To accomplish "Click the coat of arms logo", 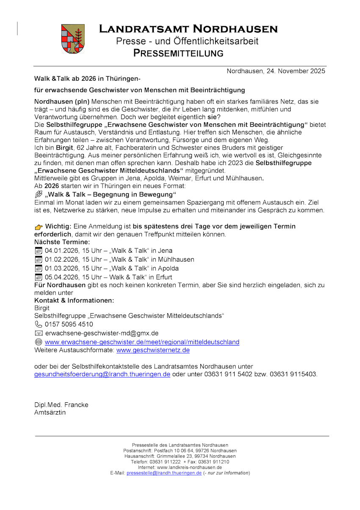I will [x=73, y=39].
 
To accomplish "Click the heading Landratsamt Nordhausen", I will [x=188, y=29].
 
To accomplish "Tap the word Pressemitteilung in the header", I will [x=178, y=53].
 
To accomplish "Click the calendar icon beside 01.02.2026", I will [x=39, y=259].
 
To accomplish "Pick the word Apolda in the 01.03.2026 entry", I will [x=168, y=268].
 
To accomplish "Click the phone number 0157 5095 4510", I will [x=69, y=324].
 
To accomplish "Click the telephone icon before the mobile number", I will [x=39, y=324].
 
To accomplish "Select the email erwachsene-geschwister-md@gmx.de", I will [x=102, y=333].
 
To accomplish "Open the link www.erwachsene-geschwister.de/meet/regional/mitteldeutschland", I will [x=142, y=342].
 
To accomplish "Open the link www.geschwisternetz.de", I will [x=153, y=350].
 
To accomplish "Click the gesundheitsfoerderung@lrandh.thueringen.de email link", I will [x=102, y=374].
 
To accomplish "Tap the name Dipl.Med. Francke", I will [x=61, y=405].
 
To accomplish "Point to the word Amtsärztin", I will [x=50, y=412].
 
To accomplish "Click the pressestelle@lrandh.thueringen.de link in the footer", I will [x=164, y=473].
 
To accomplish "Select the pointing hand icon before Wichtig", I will [x=39, y=227].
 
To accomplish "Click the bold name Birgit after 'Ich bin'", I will [x=64, y=148].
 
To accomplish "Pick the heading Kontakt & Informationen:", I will [x=74, y=301].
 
